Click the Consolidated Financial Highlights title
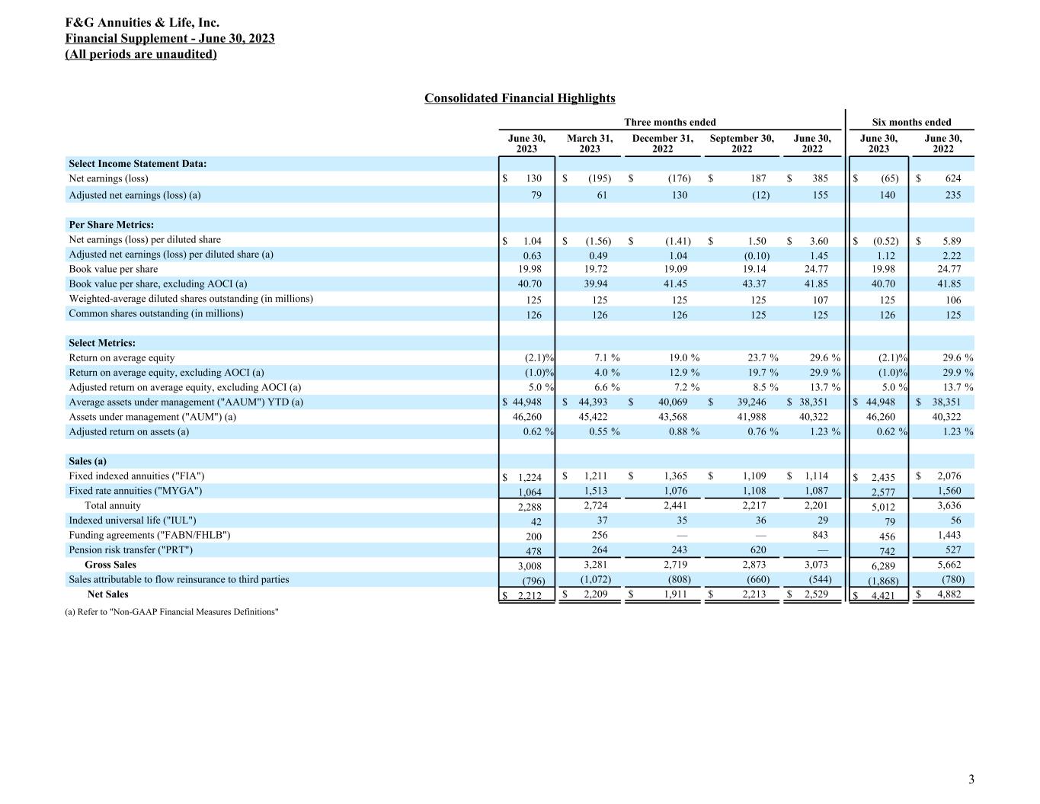pos(520,98)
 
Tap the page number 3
pos(971,779)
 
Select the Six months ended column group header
pos(911,122)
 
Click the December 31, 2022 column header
pos(662,143)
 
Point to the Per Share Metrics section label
pos(111,225)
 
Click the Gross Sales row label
pos(110,565)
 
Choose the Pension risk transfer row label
pos(131,549)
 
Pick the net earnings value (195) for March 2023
pos(598,178)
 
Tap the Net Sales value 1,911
pos(676,594)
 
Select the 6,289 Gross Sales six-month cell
pos(882,565)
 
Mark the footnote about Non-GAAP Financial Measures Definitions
pos(172,612)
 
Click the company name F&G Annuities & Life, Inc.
pos(142,23)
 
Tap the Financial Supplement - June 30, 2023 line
pos(170,38)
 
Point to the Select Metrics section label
pos(102,343)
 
